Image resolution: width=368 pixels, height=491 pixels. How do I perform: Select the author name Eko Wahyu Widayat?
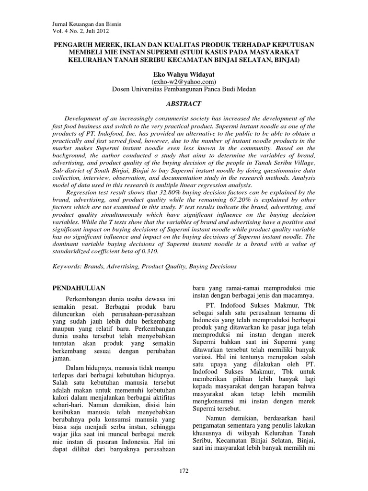point(184,74)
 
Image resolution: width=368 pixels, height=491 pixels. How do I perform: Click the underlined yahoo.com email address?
point(184,82)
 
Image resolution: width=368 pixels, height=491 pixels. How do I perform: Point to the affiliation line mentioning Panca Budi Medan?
point(184,89)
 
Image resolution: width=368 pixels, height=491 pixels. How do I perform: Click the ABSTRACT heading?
point(184,104)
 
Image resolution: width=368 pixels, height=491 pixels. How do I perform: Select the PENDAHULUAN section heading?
point(79,288)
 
